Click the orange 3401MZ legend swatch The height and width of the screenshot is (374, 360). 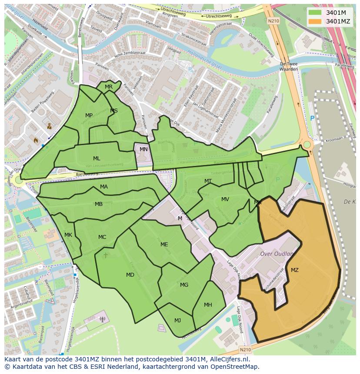[x=316, y=21]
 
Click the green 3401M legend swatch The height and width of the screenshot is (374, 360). [x=316, y=12]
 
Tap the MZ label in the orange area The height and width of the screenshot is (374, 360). [x=294, y=270]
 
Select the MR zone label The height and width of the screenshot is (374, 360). [x=109, y=87]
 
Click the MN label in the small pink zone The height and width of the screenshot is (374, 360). [x=143, y=149]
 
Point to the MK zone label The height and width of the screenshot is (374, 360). [x=68, y=235]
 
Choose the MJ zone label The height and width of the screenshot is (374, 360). [x=177, y=321]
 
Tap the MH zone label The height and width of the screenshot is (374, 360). [x=208, y=305]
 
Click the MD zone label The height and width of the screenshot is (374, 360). [x=130, y=275]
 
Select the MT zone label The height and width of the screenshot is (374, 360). [x=208, y=181]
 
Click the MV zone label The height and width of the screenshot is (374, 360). [x=225, y=199]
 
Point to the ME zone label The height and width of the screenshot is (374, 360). [x=164, y=245]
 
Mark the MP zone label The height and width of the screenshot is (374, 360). [x=89, y=116]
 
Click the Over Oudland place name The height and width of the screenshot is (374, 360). [x=277, y=254]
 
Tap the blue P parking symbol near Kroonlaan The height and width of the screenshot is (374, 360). [x=312, y=118]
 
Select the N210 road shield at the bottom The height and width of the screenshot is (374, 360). [x=245, y=349]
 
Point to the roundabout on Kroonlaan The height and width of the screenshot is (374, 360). [x=307, y=145]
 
